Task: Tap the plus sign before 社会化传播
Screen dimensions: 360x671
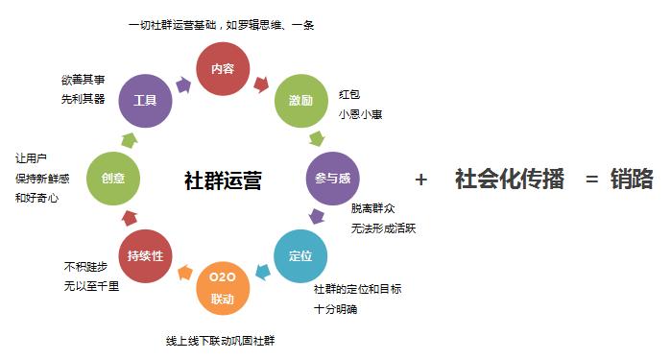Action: [x=420, y=180]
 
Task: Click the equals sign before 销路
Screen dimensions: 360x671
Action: [x=592, y=180]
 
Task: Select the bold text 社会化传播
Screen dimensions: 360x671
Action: [x=509, y=180]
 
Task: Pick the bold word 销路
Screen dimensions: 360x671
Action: [x=635, y=180]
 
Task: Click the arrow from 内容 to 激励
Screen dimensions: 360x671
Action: [x=260, y=84]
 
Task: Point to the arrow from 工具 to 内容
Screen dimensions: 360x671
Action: [x=182, y=84]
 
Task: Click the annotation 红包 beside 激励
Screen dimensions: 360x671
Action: [x=348, y=94]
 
